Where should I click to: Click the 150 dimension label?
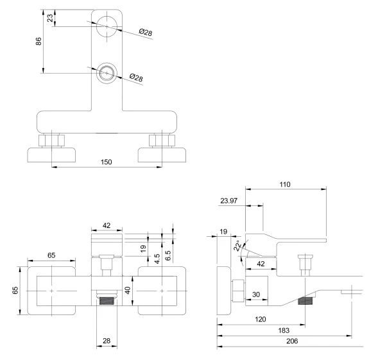(106, 162)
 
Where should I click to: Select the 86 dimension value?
(39, 41)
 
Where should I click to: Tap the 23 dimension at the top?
(50, 18)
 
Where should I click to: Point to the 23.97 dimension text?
(228, 201)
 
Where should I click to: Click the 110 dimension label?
(285, 184)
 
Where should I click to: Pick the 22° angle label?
(237, 246)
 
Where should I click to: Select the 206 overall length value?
(292, 341)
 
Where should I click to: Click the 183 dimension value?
(284, 330)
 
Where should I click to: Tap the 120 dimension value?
(261, 320)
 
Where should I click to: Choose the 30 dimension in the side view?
(256, 295)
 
